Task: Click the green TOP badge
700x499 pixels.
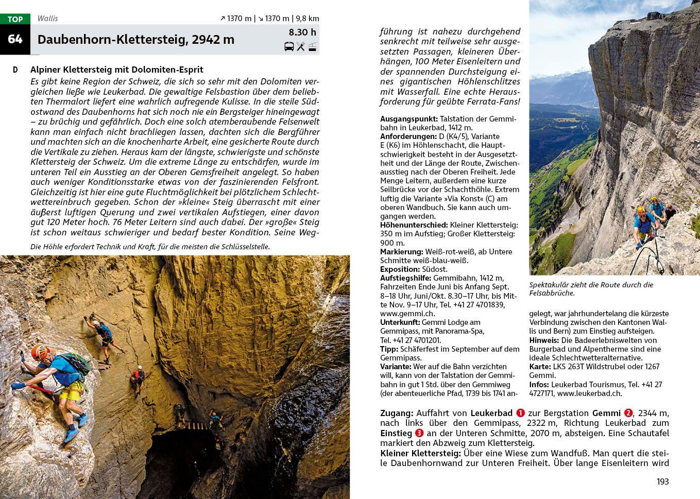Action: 15,19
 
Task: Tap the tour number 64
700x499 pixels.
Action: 15,39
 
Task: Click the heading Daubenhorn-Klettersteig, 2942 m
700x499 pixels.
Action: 136,40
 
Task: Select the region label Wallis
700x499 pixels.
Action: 47,19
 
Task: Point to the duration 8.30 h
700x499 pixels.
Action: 302,32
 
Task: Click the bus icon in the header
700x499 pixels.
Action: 289,47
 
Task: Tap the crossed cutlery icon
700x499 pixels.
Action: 301,47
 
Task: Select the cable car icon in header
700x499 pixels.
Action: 312,47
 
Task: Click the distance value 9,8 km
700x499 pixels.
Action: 308,19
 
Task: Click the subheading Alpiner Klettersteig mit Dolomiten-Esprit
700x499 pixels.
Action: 117,70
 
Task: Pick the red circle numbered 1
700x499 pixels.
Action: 520,413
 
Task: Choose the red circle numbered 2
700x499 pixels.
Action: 628,413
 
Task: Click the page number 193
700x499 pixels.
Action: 662,481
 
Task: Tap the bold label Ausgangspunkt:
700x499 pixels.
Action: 409,119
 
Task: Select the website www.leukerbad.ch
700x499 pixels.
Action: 589,393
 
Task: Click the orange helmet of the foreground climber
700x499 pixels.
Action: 40,352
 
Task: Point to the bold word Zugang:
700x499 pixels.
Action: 397,413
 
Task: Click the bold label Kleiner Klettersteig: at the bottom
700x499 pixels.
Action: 420,453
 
